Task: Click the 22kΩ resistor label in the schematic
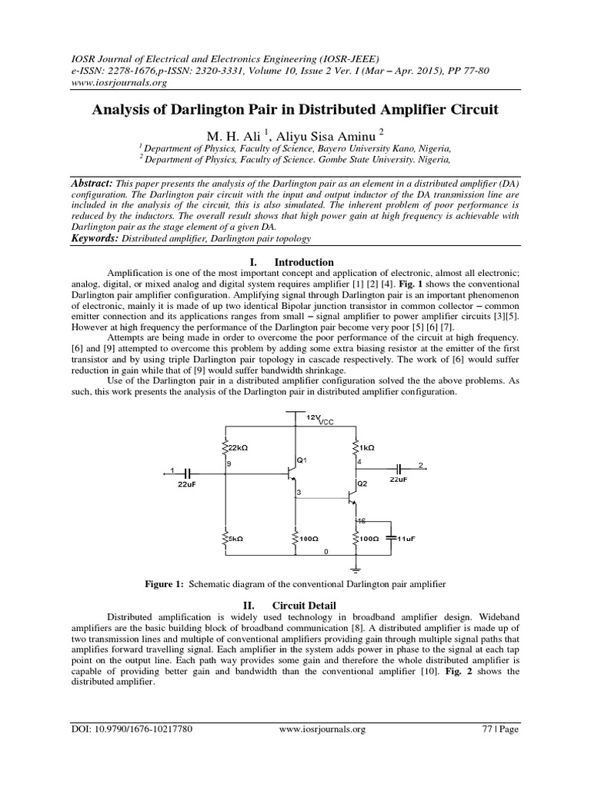(239, 447)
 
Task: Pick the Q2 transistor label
(362, 484)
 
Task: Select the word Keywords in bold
(94, 239)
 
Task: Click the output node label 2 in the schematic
(420, 466)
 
